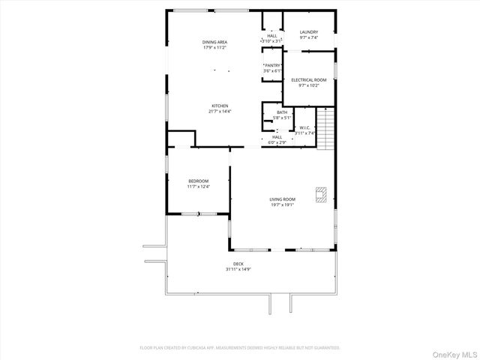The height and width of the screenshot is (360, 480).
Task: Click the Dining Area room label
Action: coord(214,42)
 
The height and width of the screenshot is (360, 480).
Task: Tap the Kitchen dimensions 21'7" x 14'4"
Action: coord(220,112)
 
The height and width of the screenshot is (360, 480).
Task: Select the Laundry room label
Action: coord(309,32)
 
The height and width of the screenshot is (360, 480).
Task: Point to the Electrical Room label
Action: coord(308,79)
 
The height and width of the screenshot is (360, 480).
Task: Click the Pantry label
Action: coord(272,66)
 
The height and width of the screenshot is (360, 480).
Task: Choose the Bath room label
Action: coord(281,113)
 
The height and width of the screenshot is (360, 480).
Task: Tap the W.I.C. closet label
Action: coord(305,127)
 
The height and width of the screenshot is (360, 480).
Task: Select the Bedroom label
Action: coord(198,181)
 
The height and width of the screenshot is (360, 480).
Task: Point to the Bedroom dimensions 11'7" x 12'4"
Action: coord(198,186)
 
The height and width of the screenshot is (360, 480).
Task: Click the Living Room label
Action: coord(283,199)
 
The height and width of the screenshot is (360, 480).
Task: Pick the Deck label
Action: coord(238,263)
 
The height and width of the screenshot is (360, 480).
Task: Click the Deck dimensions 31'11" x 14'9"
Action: coord(238,268)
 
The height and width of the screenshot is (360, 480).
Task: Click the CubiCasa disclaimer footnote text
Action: coord(240,348)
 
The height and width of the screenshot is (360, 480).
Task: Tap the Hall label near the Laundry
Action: coord(271,36)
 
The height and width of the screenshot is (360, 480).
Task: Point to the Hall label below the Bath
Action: coord(277,136)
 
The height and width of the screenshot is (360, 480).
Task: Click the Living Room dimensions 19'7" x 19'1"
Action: coord(283,205)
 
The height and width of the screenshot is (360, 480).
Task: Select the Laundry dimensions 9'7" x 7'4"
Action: coord(309,37)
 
